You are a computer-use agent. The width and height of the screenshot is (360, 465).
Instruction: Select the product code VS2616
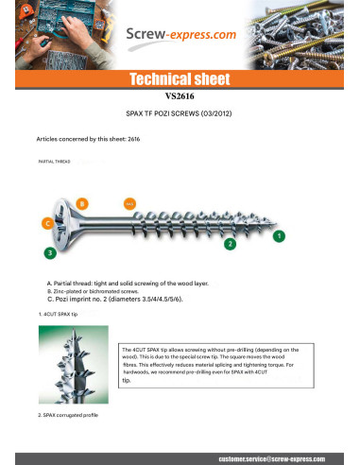tap(180, 95)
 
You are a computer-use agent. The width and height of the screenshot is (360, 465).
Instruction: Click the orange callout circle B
tap(82, 203)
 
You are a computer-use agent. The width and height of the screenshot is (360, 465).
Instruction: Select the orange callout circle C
tap(46, 223)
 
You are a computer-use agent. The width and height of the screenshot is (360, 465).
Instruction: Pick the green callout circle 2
tap(229, 244)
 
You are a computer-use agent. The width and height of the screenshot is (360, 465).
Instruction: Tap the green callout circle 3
tap(50, 252)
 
